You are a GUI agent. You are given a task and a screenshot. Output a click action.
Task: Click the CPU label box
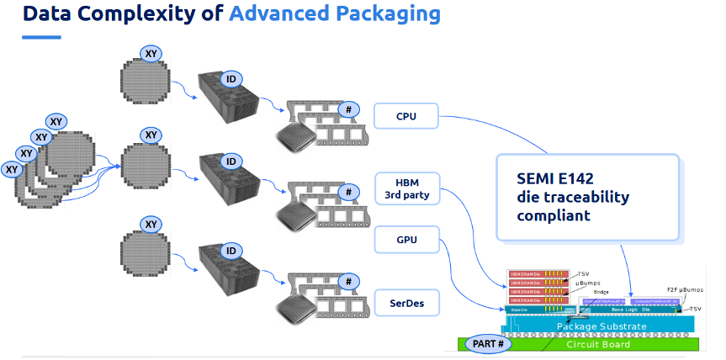(405, 116)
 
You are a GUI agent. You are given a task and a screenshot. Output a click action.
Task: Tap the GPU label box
(405, 241)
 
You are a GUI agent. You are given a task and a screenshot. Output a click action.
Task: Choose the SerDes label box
(405, 301)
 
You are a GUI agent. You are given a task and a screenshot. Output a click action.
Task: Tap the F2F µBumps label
(684, 290)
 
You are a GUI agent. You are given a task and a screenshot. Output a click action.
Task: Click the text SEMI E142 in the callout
(555, 177)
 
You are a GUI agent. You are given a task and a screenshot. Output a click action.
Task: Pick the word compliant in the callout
(554, 215)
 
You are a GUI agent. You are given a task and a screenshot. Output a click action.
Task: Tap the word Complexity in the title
(140, 14)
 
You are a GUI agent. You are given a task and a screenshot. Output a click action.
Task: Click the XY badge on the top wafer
(151, 53)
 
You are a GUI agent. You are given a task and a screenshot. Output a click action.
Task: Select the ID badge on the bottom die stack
(229, 251)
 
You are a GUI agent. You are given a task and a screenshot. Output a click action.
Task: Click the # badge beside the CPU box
(345, 109)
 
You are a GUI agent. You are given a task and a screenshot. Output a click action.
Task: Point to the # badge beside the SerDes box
(345, 282)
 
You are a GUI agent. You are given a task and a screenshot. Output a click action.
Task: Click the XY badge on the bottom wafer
(151, 224)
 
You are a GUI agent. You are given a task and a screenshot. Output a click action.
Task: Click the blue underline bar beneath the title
(41, 36)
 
